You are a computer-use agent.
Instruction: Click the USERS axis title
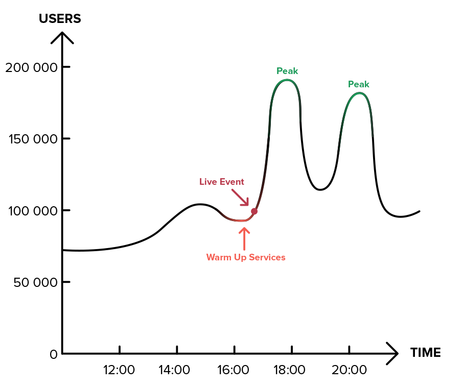pos(60,19)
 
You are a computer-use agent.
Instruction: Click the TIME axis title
pos(425,353)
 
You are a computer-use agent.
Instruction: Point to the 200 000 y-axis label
pos(31,67)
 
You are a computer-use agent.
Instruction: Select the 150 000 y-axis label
pos(31,139)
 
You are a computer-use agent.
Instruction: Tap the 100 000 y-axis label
pos(31,210)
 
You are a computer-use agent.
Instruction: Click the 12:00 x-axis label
pos(119,370)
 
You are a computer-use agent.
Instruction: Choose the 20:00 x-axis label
pos(349,370)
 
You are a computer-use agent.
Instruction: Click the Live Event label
pos(222,182)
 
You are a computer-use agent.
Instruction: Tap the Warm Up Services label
pos(246,257)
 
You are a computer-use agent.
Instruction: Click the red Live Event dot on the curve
pos(254,211)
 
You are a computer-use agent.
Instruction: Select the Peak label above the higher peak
pos(287,71)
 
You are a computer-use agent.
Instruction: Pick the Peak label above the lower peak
pos(359,84)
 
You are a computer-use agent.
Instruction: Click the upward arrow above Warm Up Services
pos(244,237)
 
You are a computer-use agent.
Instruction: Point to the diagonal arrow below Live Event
pos(240,197)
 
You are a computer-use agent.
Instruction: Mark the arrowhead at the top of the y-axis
pos(62,37)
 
